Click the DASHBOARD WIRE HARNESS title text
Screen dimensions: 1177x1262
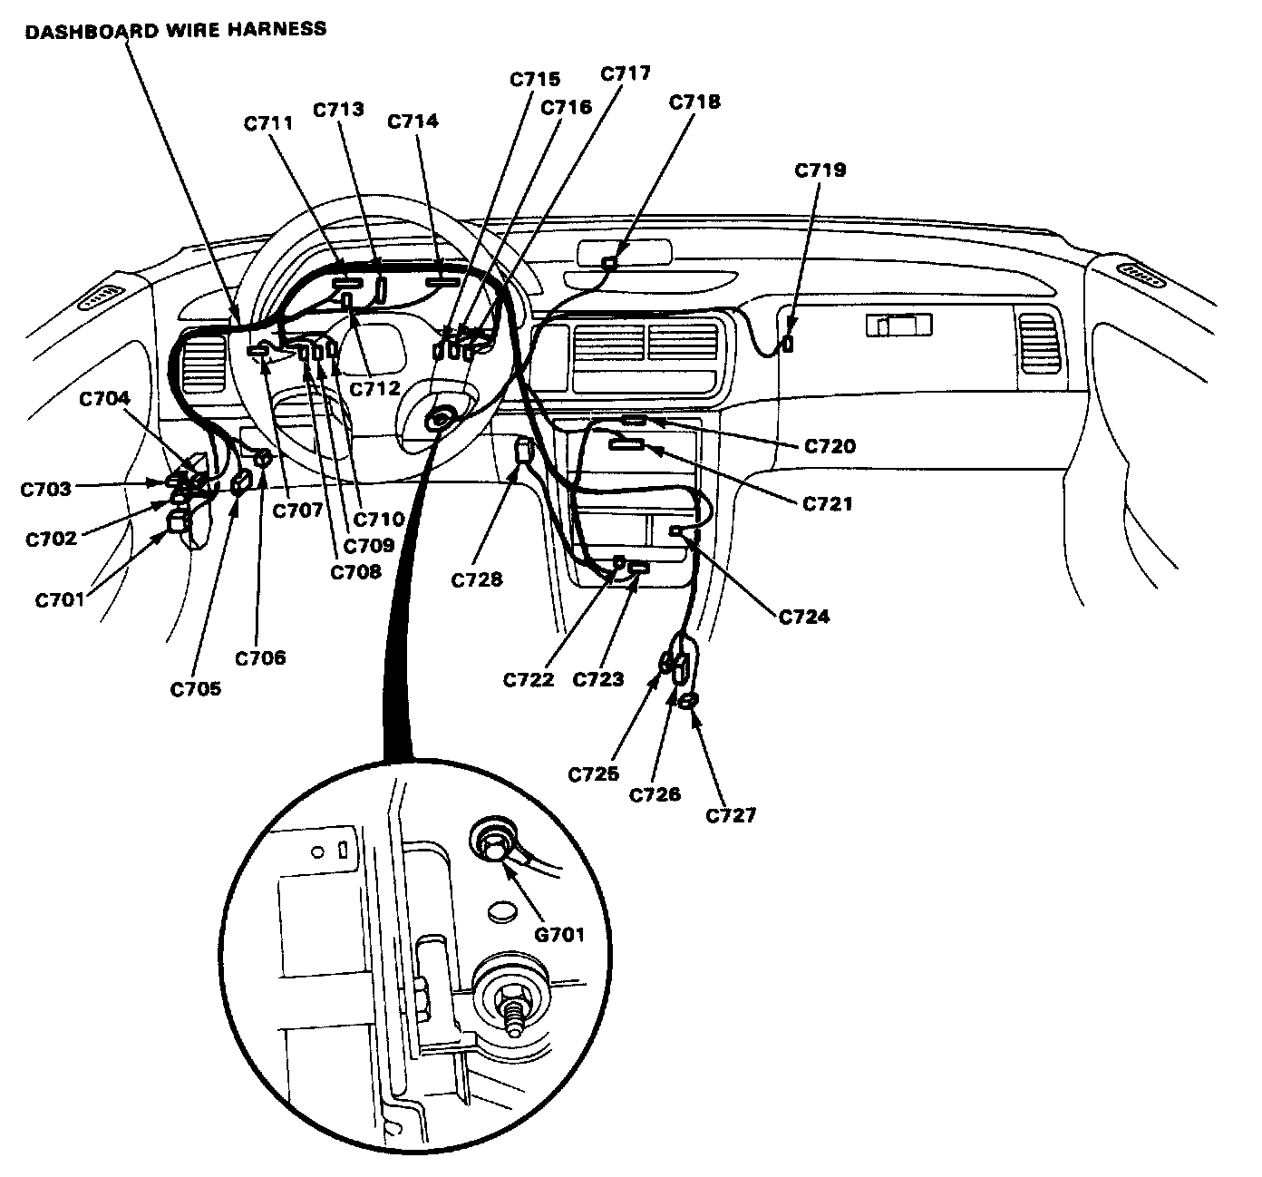[x=175, y=29]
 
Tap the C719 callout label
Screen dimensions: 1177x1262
[x=820, y=170]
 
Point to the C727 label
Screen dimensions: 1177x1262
[x=731, y=815]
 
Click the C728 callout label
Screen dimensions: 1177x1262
[x=476, y=579]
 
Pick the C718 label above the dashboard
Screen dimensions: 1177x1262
[x=694, y=102]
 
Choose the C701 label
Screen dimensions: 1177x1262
[x=61, y=599]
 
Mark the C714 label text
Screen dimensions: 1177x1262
[x=413, y=121]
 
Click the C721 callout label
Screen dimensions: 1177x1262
[x=827, y=503]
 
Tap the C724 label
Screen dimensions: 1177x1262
[x=804, y=617]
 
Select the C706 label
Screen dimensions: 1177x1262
[x=260, y=657]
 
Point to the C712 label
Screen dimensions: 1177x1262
[x=374, y=388]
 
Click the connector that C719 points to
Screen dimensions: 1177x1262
[x=788, y=344]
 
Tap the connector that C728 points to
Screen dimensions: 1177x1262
[x=523, y=450]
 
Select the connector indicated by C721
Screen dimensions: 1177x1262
[x=627, y=443]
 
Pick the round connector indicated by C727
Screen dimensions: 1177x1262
[x=688, y=700]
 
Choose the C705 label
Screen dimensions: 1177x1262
[x=195, y=689]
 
